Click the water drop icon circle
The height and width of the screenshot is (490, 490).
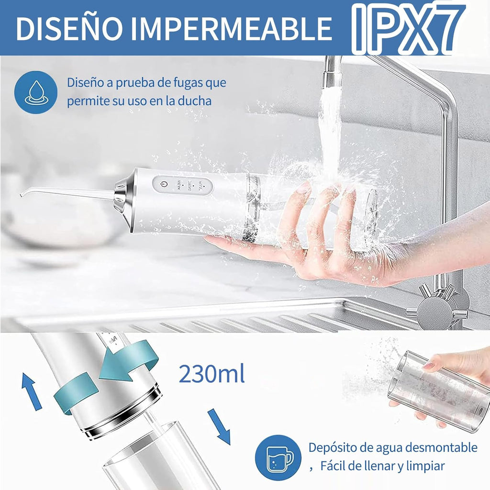pos(36,92)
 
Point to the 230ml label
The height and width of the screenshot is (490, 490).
pos(212,374)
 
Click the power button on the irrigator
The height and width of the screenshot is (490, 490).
pos(164,185)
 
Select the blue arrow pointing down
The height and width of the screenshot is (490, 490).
pos(220,426)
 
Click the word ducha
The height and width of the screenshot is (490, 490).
pos(194,101)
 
